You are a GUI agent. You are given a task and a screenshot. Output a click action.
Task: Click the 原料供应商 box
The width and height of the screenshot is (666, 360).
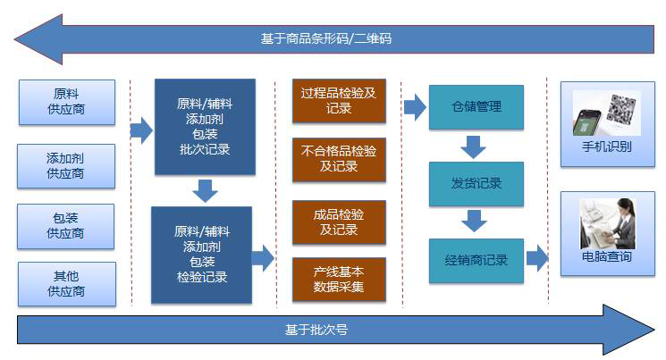pyautogui.click(x=66, y=102)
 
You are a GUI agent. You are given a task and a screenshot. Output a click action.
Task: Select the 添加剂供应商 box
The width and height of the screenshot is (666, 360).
pyautogui.click(x=66, y=165)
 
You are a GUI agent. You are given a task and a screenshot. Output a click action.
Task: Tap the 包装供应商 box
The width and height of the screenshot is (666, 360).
pyautogui.click(x=66, y=225)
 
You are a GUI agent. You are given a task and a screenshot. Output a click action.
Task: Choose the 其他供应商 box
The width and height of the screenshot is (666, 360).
pyautogui.click(x=66, y=283)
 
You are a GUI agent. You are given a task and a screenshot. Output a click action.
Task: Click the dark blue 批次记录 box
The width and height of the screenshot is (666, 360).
pyautogui.click(x=205, y=126)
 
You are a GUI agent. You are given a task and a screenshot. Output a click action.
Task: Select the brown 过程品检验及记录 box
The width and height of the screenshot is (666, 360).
pyautogui.click(x=339, y=100)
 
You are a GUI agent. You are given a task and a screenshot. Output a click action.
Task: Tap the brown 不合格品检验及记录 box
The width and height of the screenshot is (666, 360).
pyautogui.click(x=339, y=159)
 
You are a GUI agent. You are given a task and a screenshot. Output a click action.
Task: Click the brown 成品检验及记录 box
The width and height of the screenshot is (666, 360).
pyautogui.click(x=339, y=222)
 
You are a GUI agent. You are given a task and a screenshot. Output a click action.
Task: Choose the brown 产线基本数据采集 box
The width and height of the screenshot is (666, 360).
pyautogui.click(x=339, y=279)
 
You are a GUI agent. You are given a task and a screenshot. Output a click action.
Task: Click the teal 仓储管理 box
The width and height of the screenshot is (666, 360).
pyautogui.click(x=476, y=107)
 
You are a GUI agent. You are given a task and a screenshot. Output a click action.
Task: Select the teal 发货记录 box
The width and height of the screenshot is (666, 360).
pyautogui.click(x=476, y=184)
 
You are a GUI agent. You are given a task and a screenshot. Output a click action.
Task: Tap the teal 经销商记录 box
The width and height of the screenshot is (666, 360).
pyautogui.click(x=476, y=261)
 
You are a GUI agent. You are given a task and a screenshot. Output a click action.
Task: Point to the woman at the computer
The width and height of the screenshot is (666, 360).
pyautogui.click(x=608, y=222)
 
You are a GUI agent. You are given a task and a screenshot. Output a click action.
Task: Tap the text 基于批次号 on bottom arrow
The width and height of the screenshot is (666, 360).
pyautogui.click(x=316, y=330)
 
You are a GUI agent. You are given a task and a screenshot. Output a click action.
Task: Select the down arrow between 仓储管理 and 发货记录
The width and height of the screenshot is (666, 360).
pyautogui.click(x=474, y=146)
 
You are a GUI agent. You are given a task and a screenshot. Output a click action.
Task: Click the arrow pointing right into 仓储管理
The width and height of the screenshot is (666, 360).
pyautogui.click(x=415, y=108)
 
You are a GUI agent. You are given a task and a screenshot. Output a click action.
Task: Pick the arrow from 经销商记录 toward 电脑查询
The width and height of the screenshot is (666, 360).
pyautogui.click(x=537, y=259)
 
